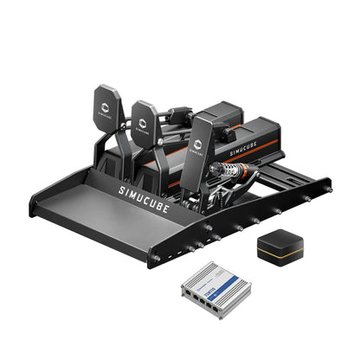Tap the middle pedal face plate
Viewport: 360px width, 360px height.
(x=146, y=122)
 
